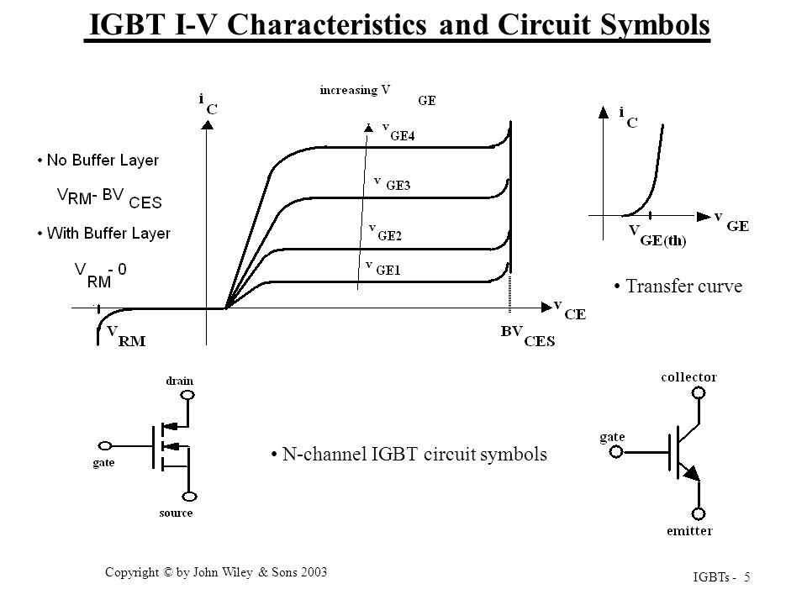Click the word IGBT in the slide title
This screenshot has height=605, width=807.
tap(127, 24)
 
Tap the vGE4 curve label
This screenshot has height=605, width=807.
tap(398, 132)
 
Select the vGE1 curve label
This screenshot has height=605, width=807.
tap(383, 267)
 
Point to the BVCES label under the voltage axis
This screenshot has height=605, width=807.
tap(528, 336)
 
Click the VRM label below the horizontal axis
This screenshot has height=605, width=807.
tap(126, 336)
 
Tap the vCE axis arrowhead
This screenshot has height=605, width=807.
tap(546, 308)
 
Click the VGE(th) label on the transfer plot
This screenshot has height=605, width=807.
tap(657, 235)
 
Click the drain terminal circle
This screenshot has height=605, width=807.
tap(188, 395)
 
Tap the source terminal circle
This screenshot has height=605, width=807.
tap(190, 497)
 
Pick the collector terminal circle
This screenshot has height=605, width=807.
tap(699, 393)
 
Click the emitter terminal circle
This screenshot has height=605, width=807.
tap(699, 513)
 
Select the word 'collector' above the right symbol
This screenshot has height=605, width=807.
tap(688, 377)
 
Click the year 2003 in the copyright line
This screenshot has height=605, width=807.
tap(314, 572)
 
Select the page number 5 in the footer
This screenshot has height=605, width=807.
tap(746, 577)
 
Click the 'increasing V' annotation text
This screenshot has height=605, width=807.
tap(355, 91)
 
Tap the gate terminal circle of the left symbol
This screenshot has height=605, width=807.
tap(104, 445)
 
